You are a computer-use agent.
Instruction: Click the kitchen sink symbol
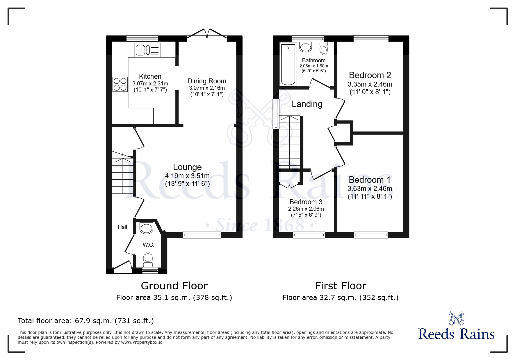(147, 50)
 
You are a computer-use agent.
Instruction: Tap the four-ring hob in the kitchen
(120, 84)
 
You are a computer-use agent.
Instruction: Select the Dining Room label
(206, 81)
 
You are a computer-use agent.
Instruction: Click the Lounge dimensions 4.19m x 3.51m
(187, 175)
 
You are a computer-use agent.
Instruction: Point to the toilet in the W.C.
(148, 258)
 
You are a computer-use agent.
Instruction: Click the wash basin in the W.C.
(146, 228)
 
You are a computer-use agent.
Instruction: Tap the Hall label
(122, 227)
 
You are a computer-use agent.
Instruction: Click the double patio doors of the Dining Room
(207, 34)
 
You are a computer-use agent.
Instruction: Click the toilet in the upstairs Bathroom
(323, 49)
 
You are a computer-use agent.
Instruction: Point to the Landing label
(307, 104)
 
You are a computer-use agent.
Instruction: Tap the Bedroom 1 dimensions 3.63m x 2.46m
(370, 189)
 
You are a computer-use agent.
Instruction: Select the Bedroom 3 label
(306, 202)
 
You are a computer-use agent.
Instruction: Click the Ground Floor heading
(174, 286)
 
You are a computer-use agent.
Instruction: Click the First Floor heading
(340, 286)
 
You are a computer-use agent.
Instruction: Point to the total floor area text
(86, 321)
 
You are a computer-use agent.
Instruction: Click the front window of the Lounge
(202, 235)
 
